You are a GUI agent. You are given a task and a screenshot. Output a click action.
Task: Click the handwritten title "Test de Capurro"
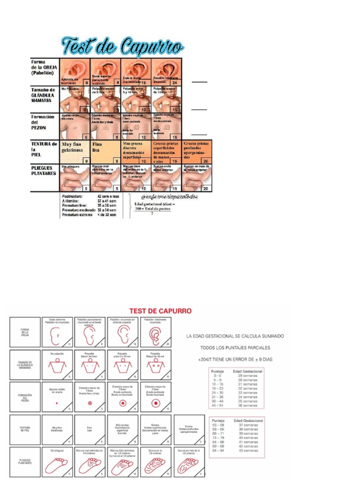[123, 46]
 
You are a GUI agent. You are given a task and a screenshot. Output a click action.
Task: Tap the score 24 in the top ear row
[174, 82]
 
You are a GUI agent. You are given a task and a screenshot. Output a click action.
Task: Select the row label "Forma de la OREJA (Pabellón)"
[44, 67]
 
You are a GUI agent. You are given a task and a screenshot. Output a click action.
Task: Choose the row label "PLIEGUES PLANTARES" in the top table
[44, 170]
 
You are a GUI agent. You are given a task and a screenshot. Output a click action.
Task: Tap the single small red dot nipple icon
[56, 402]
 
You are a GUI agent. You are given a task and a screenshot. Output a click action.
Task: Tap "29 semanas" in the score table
[247, 375]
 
